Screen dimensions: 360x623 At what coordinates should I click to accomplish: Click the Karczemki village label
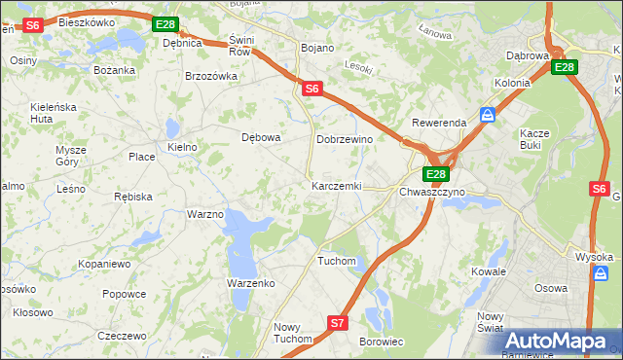point(336,186)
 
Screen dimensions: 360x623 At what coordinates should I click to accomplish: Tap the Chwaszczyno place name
point(432,192)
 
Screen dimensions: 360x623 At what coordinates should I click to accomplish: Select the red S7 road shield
point(337,323)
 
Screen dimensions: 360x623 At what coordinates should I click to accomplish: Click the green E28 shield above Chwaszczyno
point(435,174)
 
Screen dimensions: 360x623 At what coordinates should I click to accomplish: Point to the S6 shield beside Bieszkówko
point(32,25)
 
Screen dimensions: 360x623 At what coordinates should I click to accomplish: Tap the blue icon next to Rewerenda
point(488,114)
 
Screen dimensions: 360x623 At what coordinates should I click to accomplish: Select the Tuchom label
point(337,262)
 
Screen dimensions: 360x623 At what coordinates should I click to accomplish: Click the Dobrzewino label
point(345,140)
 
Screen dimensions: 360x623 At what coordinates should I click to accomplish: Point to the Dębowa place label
point(261,137)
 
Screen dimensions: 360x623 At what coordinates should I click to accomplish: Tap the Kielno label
point(182,147)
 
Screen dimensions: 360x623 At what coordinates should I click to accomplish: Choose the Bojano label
point(317,48)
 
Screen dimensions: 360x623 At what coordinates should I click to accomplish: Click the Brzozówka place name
point(211,76)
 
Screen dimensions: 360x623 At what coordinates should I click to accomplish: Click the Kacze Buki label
point(534,138)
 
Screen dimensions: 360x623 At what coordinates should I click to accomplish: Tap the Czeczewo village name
point(122,336)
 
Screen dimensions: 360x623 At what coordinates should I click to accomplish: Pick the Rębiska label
point(133,197)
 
